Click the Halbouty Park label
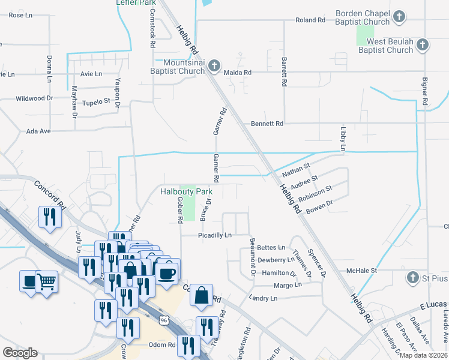tap(186, 192)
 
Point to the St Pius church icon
tap(412, 278)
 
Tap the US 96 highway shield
tap(164, 322)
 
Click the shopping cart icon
tap(46, 280)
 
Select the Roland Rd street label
tap(310, 20)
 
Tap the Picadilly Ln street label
tap(215, 236)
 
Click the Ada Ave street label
tap(38, 131)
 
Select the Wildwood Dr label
tap(34, 98)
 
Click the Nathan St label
tap(295, 170)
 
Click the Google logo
tap(20, 353)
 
